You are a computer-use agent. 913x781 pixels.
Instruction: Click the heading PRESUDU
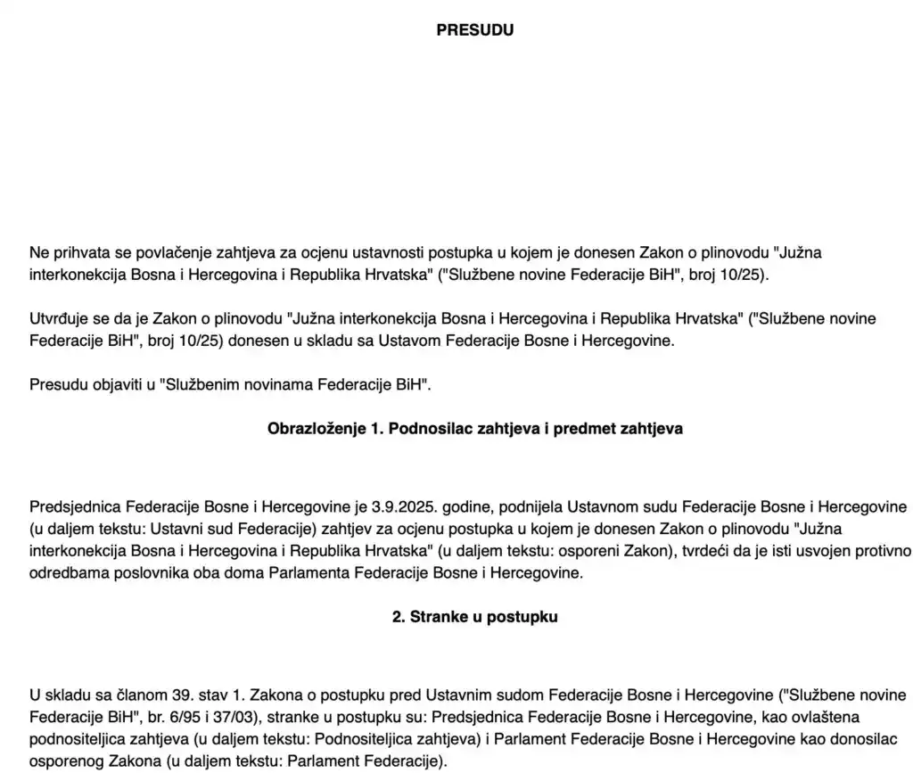click(x=474, y=30)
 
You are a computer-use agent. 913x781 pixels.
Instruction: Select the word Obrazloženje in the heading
click(x=313, y=429)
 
